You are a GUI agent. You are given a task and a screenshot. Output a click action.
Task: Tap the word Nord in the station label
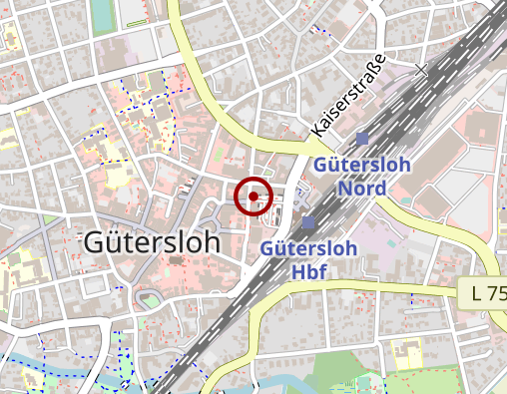(362, 187)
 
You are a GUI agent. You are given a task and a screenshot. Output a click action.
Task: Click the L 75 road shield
(489, 294)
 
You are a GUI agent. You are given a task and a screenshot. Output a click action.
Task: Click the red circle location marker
(253, 196)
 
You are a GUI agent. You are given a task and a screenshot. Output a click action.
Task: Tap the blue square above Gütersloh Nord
(362, 140)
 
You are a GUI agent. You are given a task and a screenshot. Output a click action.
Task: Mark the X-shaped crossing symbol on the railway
(421, 70)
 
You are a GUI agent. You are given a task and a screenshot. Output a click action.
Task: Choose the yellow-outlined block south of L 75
(406, 354)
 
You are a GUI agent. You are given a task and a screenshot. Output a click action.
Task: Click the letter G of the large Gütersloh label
(97, 241)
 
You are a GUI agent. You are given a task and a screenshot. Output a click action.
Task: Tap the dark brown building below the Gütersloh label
(178, 261)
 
